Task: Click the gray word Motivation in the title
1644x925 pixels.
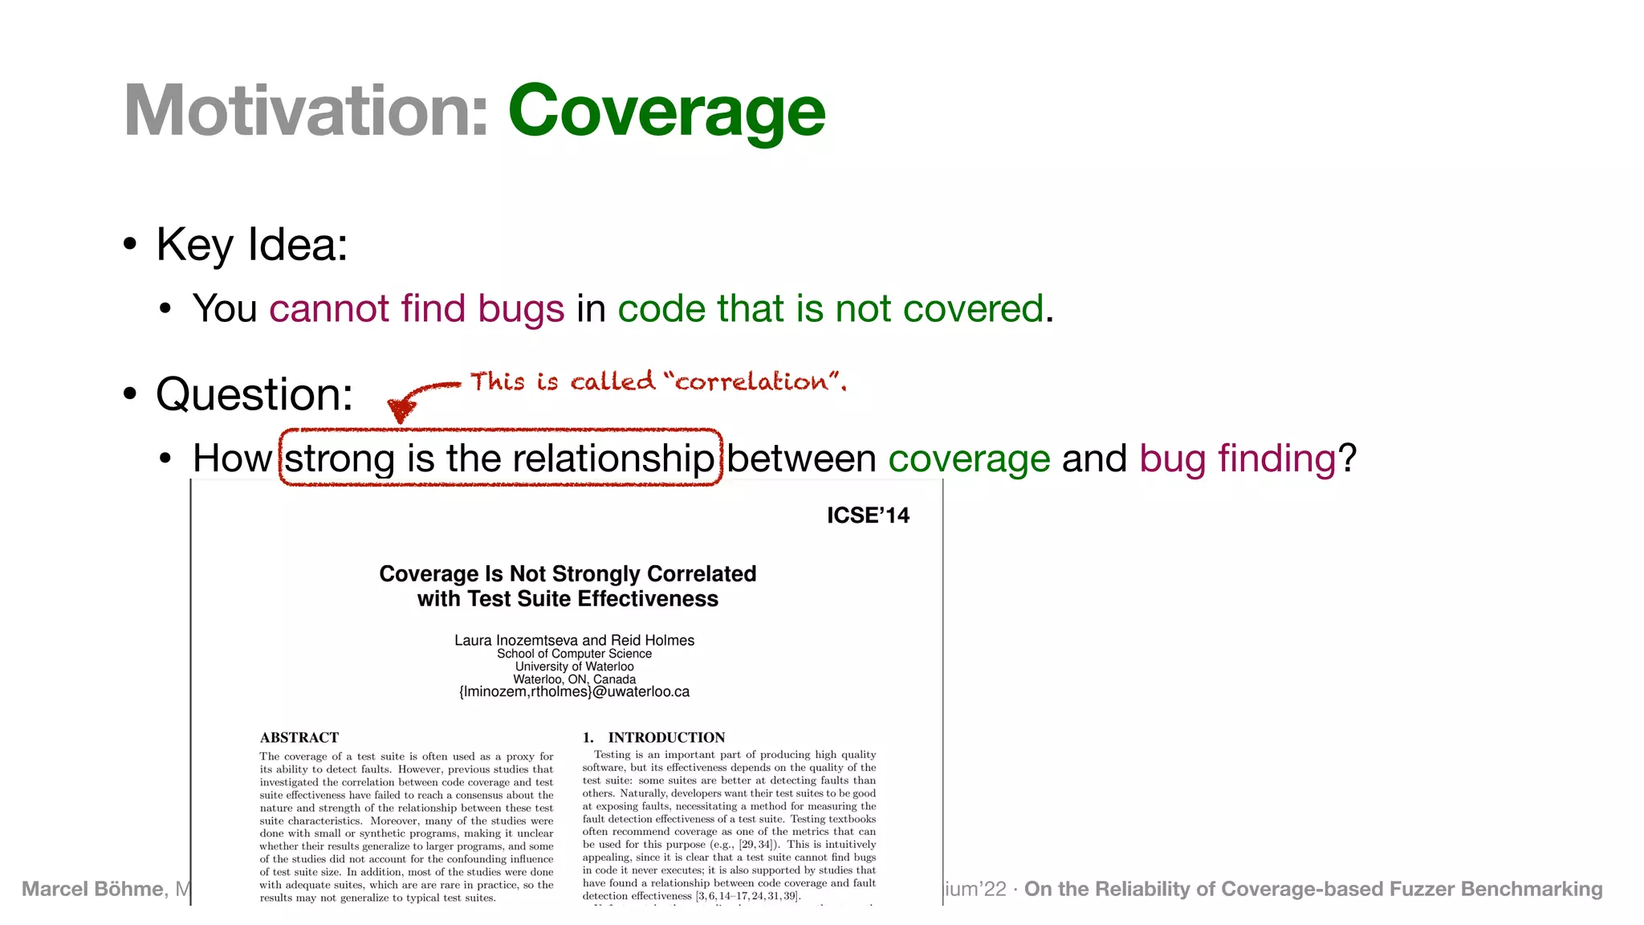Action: coord(306,112)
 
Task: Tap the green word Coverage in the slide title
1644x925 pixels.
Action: coord(666,112)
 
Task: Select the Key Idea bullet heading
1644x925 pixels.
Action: coord(251,244)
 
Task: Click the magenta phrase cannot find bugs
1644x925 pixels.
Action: coord(417,309)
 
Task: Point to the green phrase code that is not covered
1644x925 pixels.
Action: coord(831,309)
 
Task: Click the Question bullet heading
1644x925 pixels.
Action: coord(254,394)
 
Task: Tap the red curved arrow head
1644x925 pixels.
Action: coord(401,410)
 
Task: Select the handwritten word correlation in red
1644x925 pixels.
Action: coord(751,381)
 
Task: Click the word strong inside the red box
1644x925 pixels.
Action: coord(340,458)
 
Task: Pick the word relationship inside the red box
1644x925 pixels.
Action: coord(613,458)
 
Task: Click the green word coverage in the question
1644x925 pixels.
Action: coord(969,458)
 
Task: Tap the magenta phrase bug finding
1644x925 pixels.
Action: coord(1237,458)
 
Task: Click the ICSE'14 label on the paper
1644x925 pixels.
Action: coord(868,515)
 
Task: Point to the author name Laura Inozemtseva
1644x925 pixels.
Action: coord(515,641)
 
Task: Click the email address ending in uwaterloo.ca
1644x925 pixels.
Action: coord(574,692)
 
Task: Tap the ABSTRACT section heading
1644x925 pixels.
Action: coord(299,738)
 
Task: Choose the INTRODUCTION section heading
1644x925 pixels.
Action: coord(666,738)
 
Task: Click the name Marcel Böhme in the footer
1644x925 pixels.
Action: coord(92,890)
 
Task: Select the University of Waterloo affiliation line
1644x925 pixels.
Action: coord(574,666)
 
